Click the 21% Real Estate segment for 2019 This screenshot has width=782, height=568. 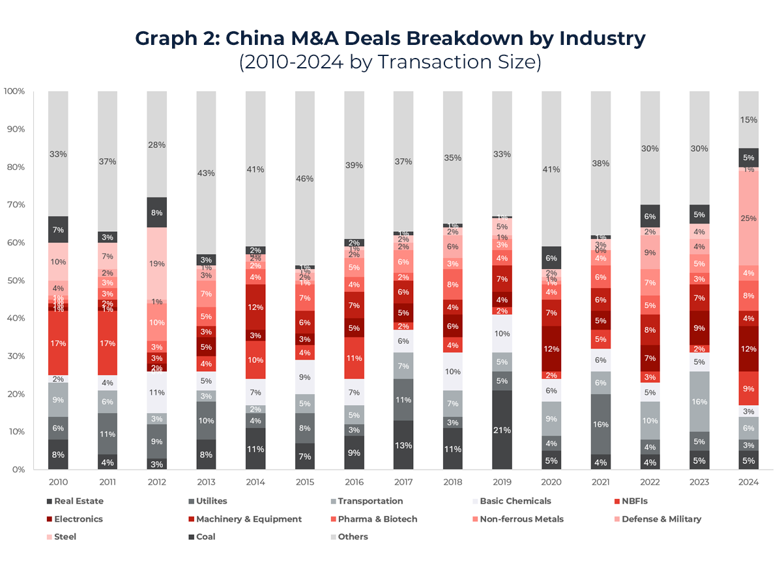(502, 430)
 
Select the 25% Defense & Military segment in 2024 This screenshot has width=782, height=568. (748, 218)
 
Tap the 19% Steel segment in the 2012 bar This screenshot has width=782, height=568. (156, 263)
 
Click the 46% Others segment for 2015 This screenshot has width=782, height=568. (304, 178)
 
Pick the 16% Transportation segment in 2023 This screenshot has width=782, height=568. (699, 401)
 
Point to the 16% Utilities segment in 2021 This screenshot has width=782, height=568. (600, 424)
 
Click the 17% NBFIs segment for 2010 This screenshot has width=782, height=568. (58, 343)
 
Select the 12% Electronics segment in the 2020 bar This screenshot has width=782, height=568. (551, 348)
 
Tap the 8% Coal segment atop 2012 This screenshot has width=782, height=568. (156, 212)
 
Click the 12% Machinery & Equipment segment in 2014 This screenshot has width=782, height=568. (255, 307)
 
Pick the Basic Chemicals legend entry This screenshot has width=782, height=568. (515, 501)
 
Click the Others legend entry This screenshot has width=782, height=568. (353, 537)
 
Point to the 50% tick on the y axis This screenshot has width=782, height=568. (14, 281)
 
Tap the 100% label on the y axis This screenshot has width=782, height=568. (14, 91)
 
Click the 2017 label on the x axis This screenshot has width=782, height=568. (403, 482)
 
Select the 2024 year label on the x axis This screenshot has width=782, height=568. (748, 482)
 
